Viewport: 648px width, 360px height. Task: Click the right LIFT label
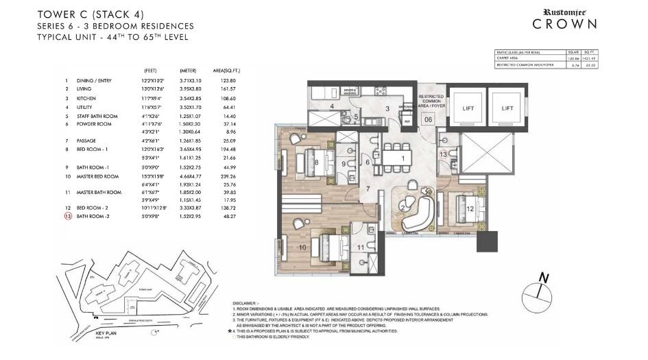(x=507, y=108)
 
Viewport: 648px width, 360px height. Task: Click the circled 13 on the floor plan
(x=444, y=154)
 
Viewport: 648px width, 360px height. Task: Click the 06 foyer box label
(x=428, y=119)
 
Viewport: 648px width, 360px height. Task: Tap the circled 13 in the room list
(x=67, y=216)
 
